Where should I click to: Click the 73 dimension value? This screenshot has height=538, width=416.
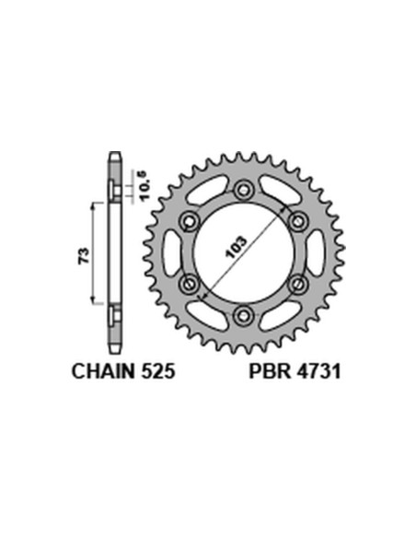[x=82, y=252]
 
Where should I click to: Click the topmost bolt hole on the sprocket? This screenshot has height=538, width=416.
[x=244, y=190]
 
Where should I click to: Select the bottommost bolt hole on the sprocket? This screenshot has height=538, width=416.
[x=244, y=316]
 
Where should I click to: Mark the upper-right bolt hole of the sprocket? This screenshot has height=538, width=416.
[x=298, y=221]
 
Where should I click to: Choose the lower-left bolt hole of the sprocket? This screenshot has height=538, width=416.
[x=190, y=284]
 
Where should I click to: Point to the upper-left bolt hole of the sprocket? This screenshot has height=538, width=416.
[x=190, y=221]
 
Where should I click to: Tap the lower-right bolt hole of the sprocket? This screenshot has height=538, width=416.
[x=298, y=284]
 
